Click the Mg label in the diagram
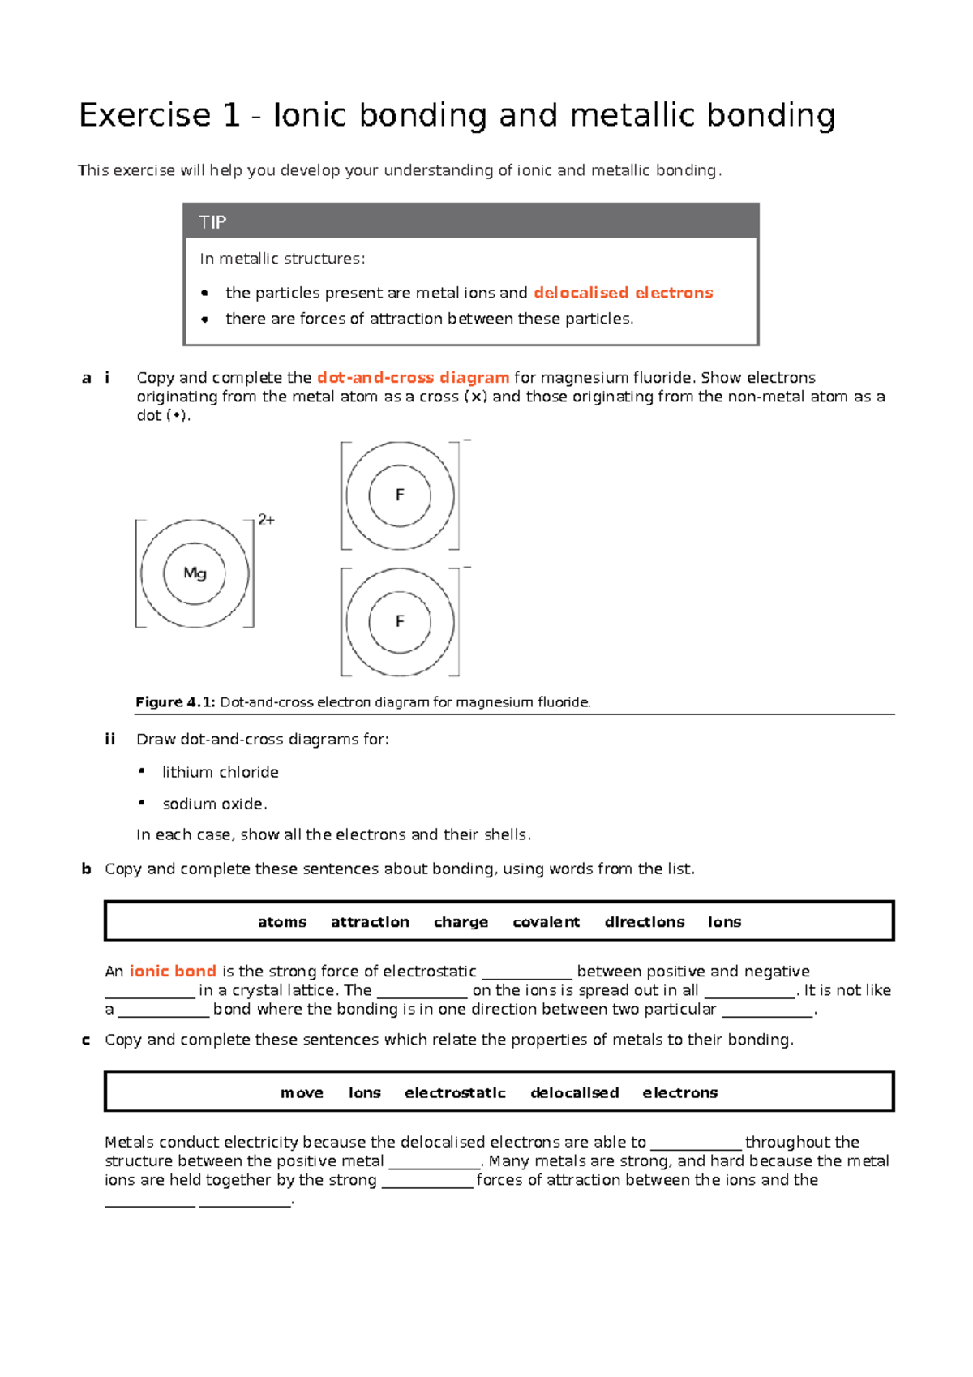[195, 573]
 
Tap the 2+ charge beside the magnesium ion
[266, 520]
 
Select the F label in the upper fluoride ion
[400, 495]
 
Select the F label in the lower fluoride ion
[400, 621]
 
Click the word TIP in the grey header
[212, 222]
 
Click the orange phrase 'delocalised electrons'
[623, 293]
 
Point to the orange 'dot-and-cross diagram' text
[413, 377]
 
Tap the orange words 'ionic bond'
[173, 971]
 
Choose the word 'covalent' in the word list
[546, 922]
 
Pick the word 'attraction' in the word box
[370, 922]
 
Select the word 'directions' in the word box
[644, 922]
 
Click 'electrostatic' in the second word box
[455, 1093]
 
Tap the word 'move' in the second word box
[302, 1093]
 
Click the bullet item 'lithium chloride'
[220, 772]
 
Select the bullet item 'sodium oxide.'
[214, 804]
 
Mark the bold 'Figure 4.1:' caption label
[174, 702]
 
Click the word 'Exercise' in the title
[145, 115]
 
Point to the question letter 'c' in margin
[86, 1040]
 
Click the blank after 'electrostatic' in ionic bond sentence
[527, 972]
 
